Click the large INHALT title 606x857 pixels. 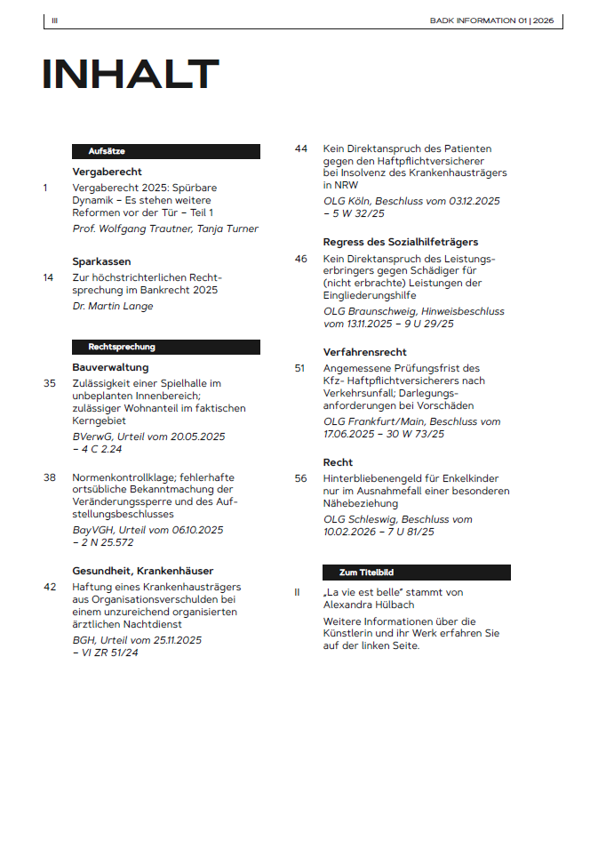(x=131, y=75)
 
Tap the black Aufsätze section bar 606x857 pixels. (x=166, y=152)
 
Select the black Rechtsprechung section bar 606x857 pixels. (x=166, y=347)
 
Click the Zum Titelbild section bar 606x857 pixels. (x=417, y=573)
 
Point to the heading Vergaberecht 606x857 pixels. (x=107, y=172)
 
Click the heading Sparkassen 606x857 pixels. (x=101, y=261)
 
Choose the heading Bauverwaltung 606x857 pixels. (x=110, y=367)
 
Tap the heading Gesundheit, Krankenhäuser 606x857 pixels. (x=142, y=571)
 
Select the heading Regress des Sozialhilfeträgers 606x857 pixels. (x=401, y=242)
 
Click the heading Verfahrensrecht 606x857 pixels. (x=365, y=352)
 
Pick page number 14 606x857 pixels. (x=48, y=277)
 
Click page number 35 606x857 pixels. (x=49, y=383)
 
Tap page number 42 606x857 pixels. (x=50, y=587)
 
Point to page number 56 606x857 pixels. (x=300, y=478)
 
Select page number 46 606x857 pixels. (x=300, y=258)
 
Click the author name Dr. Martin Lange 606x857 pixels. (x=112, y=306)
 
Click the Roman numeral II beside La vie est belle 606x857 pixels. (x=298, y=592)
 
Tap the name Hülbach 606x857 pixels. (x=394, y=605)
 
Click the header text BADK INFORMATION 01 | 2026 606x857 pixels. (x=491, y=20)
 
